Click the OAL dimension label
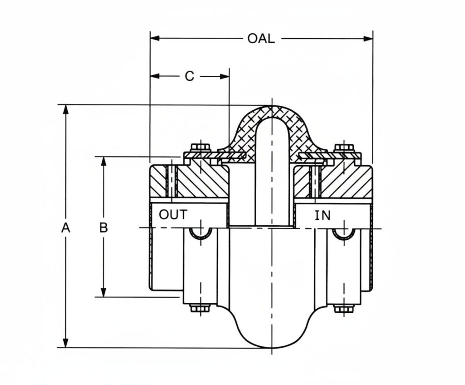(x=261, y=38)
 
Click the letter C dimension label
(x=189, y=76)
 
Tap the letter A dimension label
(x=66, y=228)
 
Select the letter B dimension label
(x=104, y=228)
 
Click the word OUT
(x=173, y=215)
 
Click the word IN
(x=323, y=216)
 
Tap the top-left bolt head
(x=200, y=148)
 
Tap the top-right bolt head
(x=344, y=148)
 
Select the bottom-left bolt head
(x=200, y=308)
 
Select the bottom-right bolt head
(x=344, y=309)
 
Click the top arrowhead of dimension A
(x=66, y=109)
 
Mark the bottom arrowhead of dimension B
(x=104, y=293)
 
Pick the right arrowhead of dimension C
(x=225, y=76)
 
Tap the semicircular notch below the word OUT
(x=200, y=233)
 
